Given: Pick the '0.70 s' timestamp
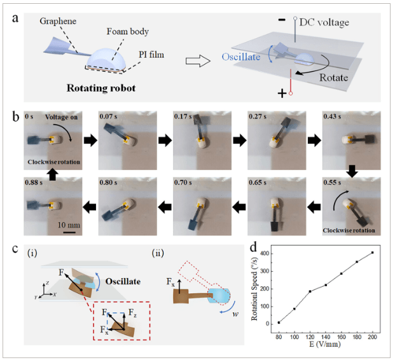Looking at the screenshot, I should click(x=185, y=183).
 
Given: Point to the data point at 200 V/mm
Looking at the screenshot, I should click(x=371, y=253).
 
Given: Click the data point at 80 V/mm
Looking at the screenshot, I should click(x=279, y=322).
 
